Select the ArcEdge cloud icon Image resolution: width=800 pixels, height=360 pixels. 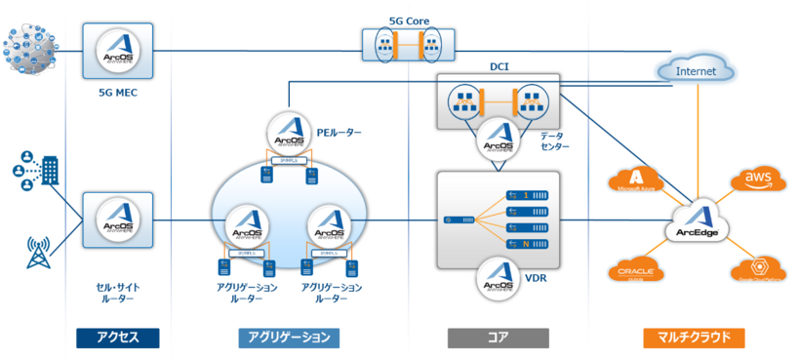pyautogui.click(x=697, y=222)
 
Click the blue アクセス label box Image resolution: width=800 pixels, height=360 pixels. pyautogui.click(x=117, y=338)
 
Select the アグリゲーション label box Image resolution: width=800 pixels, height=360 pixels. pyautogui.click(x=289, y=338)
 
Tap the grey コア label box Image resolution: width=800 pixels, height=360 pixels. pyautogui.click(x=498, y=338)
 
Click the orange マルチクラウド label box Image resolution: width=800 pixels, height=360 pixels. pyautogui.click(x=694, y=338)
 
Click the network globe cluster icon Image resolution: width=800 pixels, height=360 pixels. pyautogui.click(x=29, y=49)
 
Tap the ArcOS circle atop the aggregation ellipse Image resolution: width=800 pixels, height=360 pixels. pyautogui.click(x=289, y=135)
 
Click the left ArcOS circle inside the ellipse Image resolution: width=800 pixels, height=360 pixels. pyautogui.click(x=246, y=226)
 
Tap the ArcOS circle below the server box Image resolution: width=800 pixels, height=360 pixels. pyautogui.click(x=498, y=277)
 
